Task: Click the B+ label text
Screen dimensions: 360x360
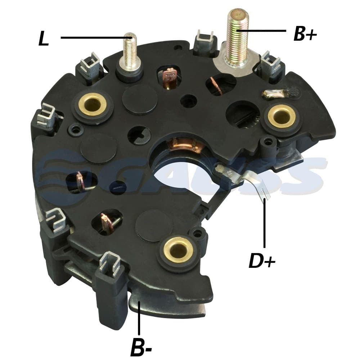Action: (305, 34)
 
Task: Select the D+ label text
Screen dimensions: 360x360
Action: (262, 260)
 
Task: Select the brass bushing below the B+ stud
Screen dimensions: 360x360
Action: (282, 116)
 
